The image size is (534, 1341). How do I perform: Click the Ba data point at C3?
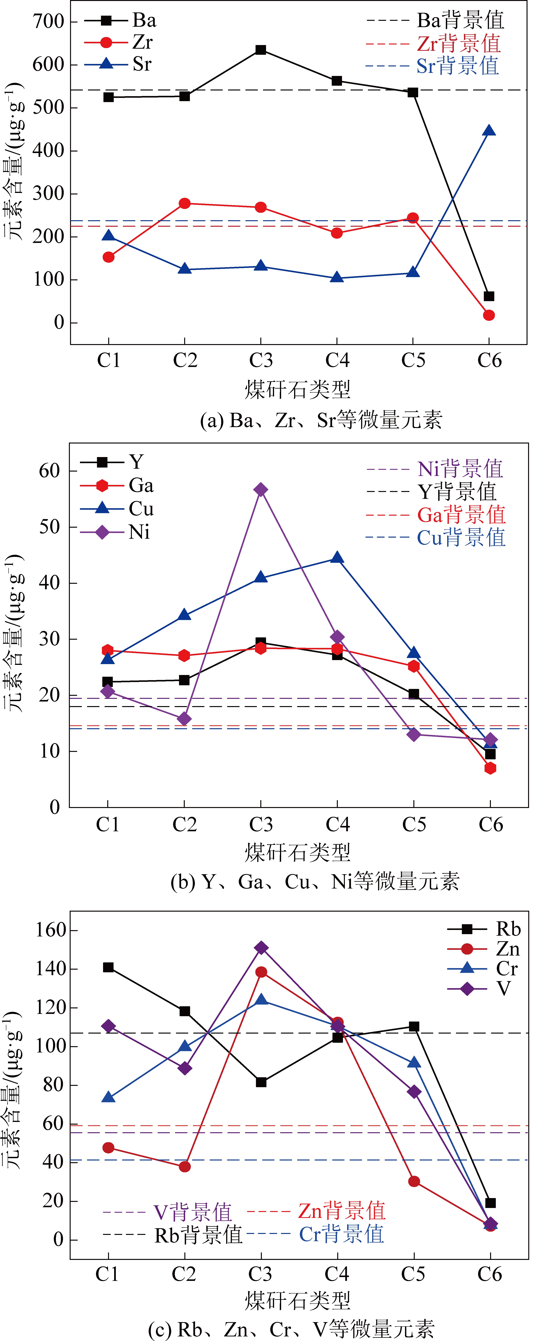261,50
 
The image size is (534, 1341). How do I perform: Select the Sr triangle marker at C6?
489,131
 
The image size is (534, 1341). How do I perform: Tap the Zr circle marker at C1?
108,257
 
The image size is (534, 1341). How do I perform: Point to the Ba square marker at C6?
489,296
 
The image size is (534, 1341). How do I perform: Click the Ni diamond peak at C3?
261,489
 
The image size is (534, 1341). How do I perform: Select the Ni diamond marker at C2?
184,719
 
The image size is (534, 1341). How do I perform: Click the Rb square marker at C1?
108,967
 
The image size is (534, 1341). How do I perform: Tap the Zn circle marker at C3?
261,972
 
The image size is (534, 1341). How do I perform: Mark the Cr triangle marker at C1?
108,1097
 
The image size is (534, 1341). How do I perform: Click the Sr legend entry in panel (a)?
120,64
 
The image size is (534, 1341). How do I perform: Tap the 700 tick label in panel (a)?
48,22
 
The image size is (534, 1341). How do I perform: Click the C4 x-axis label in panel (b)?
337,825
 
